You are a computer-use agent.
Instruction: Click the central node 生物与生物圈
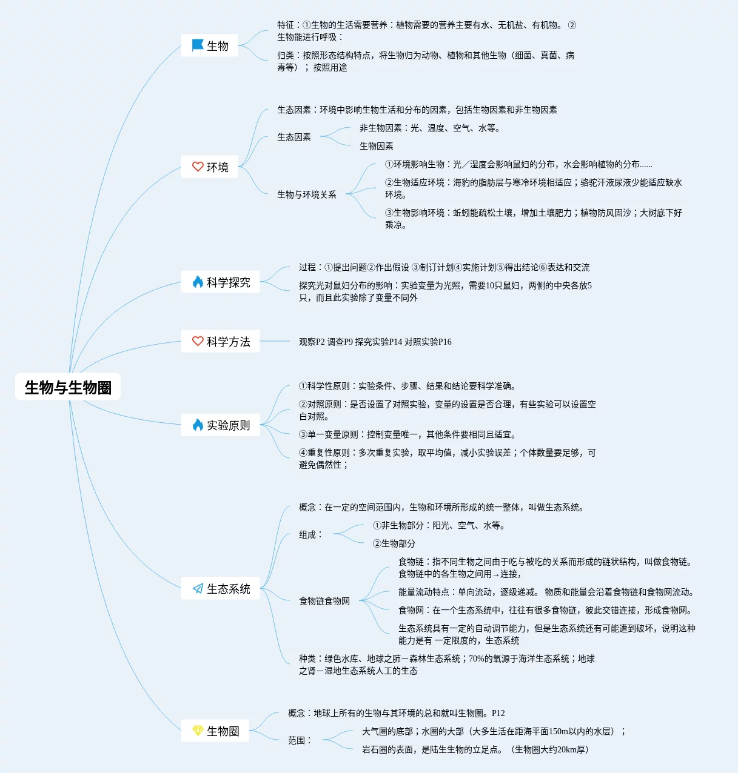click(x=68, y=387)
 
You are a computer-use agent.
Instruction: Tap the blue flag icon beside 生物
click(x=198, y=45)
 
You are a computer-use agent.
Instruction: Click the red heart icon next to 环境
click(x=198, y=167)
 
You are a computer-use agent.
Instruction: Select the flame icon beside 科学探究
click(x=198, y=282)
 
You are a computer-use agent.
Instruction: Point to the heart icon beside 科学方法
click(x=198, y=342)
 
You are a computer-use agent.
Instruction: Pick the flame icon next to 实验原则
click(x=198, y=425)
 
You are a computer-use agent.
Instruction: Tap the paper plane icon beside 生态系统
click(x=198, y=589)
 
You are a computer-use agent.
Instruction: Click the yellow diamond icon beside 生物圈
click(x=198, y=731)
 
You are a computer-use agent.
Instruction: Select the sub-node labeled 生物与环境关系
click(x=306, y=194)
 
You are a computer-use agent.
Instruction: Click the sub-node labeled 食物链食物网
click(x=324, y=601)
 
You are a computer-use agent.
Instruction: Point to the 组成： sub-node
click(x=310, y=534)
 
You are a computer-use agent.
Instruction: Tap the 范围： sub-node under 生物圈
click(x=300, y=740)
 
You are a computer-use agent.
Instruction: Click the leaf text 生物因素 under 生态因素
click(x=376, y=146)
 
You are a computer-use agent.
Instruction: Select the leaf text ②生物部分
click(x=394, y=543)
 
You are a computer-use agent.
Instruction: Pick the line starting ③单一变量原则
click(x=407, y=434)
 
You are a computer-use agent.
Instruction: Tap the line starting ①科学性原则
click(x=407, y=386)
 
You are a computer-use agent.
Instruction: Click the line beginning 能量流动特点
click(x=546, y=592)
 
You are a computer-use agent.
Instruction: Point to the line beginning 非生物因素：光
click(x=429, y=128)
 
